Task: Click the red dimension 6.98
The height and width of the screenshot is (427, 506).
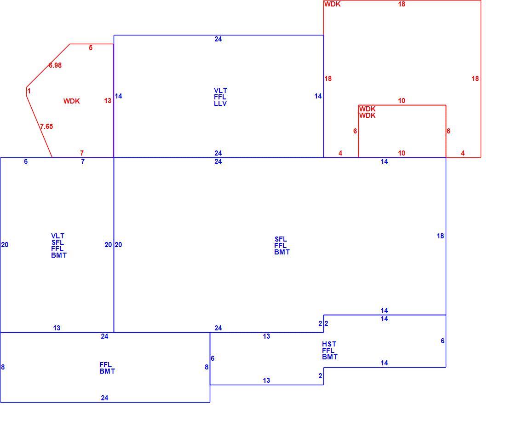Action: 55,65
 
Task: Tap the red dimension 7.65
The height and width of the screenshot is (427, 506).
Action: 46,127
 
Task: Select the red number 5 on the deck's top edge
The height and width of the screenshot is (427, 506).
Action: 91,48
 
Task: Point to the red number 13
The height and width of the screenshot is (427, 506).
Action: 108,101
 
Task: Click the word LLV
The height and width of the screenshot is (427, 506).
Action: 220,103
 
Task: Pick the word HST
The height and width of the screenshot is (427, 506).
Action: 329,344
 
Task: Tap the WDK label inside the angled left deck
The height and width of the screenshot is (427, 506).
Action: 72,101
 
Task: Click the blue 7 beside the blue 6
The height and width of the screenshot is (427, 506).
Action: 83,162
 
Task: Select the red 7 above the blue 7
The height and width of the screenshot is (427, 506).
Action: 82,153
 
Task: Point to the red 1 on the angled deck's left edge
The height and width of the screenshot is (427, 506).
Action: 29,91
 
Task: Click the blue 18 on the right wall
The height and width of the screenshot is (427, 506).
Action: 441,236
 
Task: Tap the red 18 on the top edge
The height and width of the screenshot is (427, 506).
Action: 402,4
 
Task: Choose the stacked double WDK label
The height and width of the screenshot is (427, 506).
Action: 367,112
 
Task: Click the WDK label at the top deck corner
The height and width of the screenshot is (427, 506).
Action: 333,4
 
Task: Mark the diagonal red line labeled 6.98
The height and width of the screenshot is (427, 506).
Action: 48,65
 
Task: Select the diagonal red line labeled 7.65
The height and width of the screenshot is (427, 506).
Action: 39,127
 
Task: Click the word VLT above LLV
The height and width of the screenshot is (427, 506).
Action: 220,90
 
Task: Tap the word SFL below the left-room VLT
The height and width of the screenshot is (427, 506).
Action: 58,242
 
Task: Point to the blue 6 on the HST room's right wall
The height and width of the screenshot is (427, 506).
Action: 443,341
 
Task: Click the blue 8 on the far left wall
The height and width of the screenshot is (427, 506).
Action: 3,367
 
